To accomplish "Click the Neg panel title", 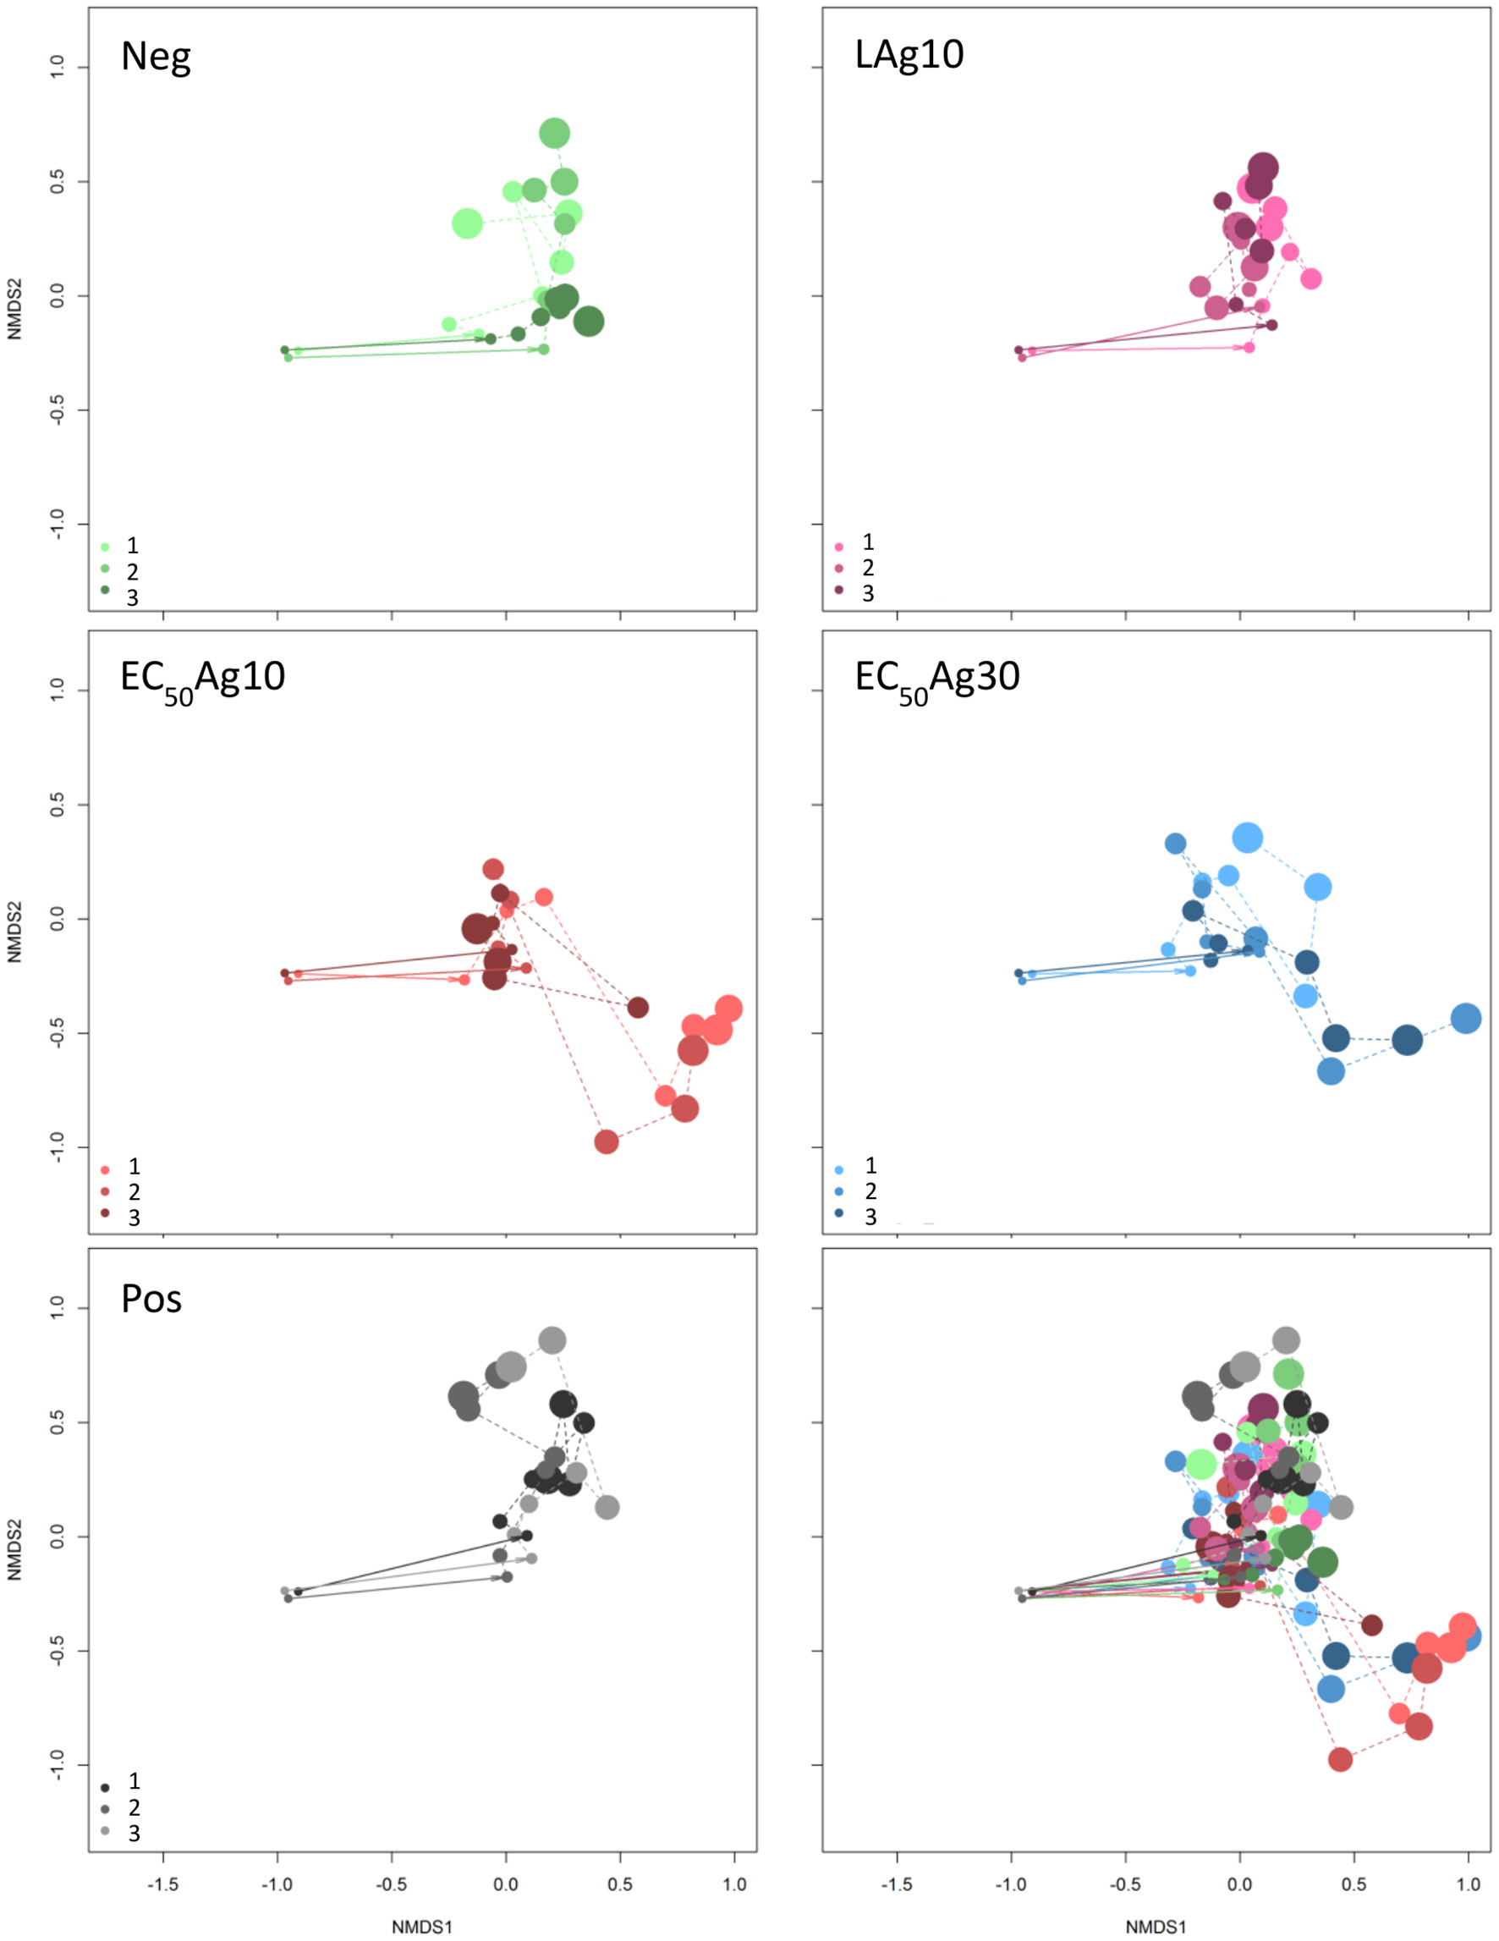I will click(x=156, y=57).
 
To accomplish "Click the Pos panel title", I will click(x=151, y=1300).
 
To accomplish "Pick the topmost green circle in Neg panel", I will click(x=554, y=135).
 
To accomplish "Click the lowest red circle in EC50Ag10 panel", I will click(x=606, y=1142).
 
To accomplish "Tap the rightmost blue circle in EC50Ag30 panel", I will click(x=1466, y=1019).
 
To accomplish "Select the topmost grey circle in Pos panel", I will click(x=552, y=1340).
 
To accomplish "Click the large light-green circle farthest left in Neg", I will click(x=468, y=224).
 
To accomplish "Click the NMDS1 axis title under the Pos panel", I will click(x=422, y=1927).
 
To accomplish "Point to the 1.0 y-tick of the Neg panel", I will click(x=57, y=68).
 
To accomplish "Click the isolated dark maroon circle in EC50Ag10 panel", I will click(x=638, y=1008).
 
